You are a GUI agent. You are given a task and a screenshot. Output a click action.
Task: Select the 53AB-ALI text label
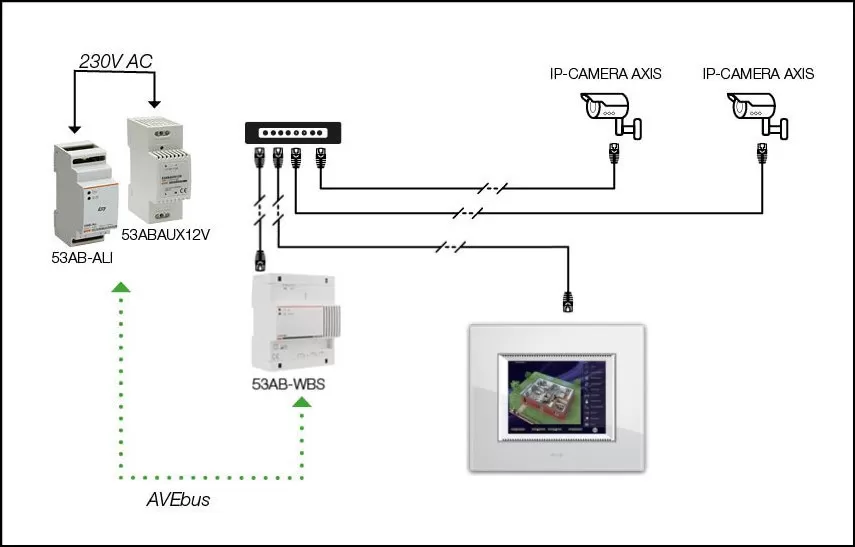(82, 256)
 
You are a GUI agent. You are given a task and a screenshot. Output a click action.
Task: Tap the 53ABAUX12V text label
(170, 235)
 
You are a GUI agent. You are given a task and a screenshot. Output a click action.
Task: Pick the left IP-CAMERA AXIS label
(605, 74)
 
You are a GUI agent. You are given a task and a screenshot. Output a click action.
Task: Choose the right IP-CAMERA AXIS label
(758, 74)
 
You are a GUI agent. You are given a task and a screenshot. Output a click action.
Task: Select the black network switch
(293, 132)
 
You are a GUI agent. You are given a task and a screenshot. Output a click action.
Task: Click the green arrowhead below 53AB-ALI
(120, 288)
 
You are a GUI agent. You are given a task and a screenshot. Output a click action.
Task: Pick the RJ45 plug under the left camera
(613, 152)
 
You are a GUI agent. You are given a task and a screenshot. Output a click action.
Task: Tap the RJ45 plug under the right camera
(760, 152)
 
